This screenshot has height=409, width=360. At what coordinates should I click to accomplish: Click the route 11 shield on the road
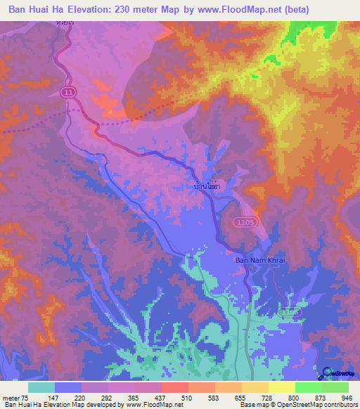pos(67,92)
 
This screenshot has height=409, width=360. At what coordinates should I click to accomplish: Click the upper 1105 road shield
pos(244,221)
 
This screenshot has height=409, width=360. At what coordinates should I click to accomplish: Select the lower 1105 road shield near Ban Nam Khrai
pos(290,311)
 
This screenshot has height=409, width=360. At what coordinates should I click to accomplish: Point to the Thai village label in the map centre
pos(210,188)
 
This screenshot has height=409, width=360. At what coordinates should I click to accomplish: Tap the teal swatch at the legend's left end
pos(41,387)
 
